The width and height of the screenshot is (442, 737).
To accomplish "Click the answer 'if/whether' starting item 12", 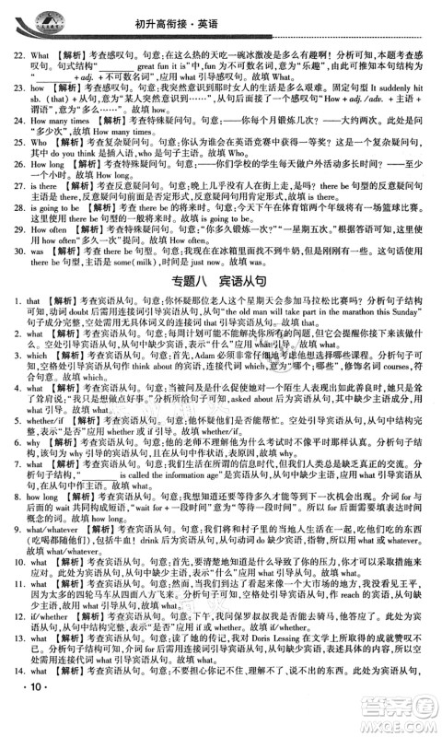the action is coord(45,648).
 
